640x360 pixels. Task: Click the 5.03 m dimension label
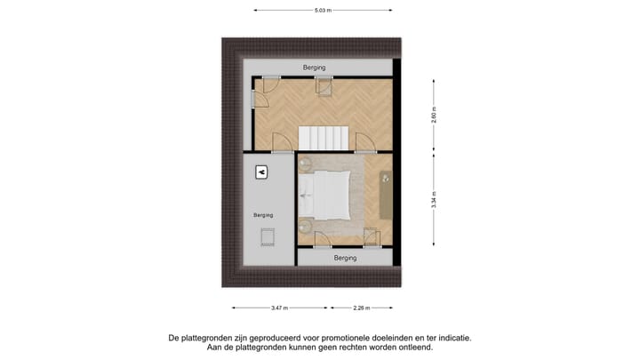coord(323,11)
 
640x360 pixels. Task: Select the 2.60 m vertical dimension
coord(434,116)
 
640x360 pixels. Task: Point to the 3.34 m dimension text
coord(434,199)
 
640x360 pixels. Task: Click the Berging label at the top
coord(313,68)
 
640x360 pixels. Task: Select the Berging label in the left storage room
coord(262,215)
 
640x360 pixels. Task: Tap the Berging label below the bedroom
coord(345,258)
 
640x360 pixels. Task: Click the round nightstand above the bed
coord(306,163)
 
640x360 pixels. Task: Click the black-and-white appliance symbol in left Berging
coord(261,172)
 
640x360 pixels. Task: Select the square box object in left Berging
coord(267,236)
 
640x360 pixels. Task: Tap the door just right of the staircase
coord(363,142)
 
